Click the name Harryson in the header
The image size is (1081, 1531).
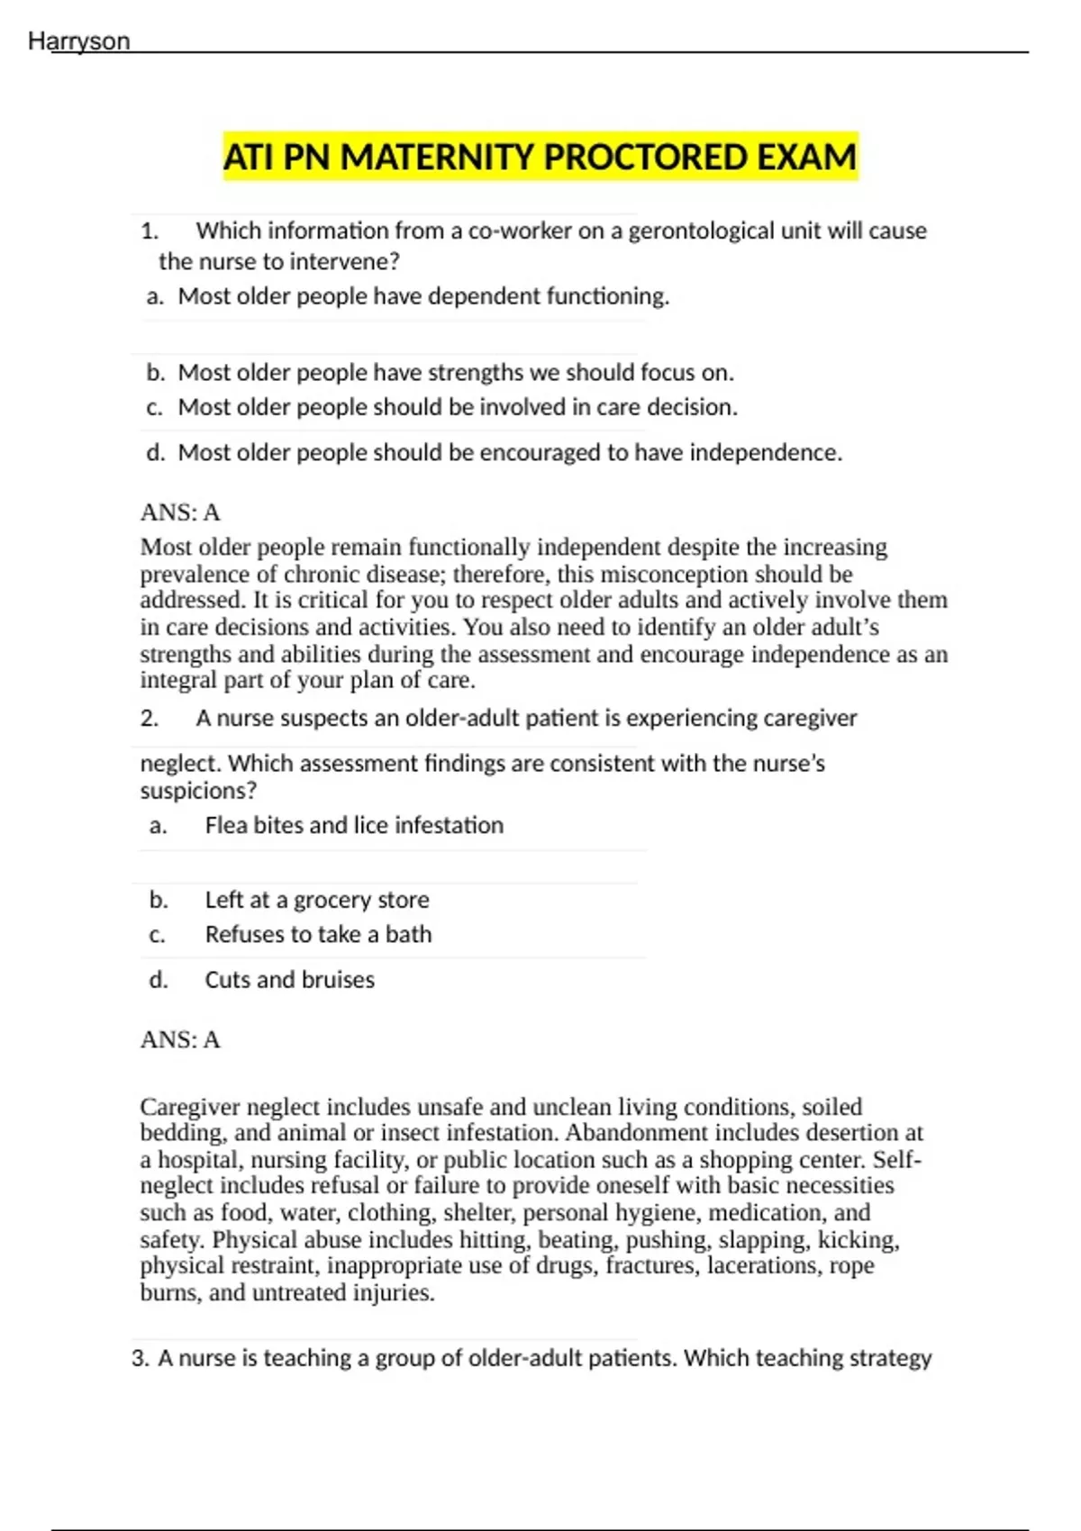(79, 41)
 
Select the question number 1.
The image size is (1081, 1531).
(150, 231)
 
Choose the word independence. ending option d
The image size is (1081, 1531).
(766, 452)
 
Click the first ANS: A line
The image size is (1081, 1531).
(180, 512)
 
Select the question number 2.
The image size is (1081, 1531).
(150, 719)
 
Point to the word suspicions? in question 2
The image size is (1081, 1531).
(198, 791)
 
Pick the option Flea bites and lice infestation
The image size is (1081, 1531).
(354, 826)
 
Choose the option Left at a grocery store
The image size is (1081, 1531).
(317, 900)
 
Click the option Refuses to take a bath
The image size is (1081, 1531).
(318, 935)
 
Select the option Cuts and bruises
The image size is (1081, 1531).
(289, 980)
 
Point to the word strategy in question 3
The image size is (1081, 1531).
(887, 1358)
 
